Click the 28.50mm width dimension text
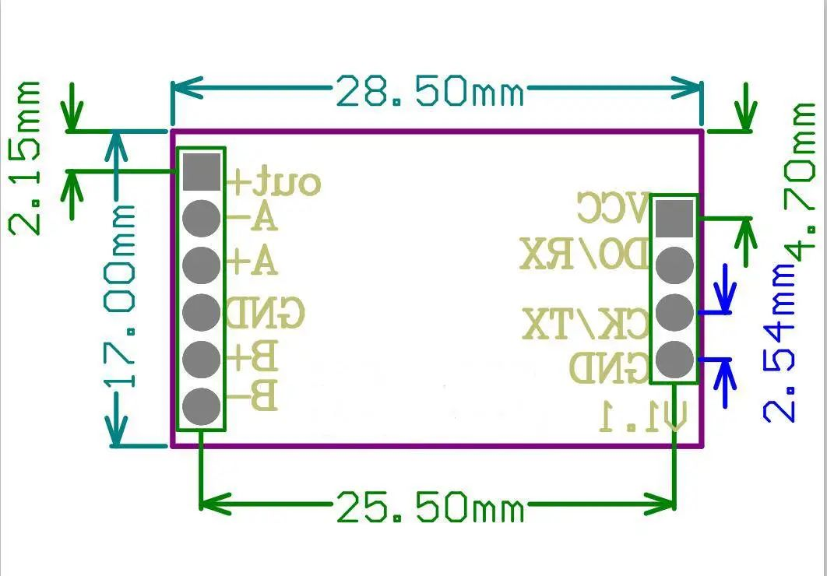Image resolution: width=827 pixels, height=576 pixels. (x=429, y=93)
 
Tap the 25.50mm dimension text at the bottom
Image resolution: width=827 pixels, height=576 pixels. (x=429, y=509)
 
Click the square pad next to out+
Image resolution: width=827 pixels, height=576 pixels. (x=201, y=171)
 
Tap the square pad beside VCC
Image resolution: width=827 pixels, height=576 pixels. (x=674, y=217)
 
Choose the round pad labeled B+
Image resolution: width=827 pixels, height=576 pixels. (x=201, y=358)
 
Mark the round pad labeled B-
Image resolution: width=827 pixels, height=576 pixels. (x=201, y=405)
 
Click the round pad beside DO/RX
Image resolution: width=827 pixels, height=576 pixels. (x=674, y=265)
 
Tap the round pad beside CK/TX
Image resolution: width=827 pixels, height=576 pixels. (x=674, y=312)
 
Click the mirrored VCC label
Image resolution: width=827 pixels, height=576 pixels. (x=613, y=209)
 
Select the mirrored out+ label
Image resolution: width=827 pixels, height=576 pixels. (x=273, y=182)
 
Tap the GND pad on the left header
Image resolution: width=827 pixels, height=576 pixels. (x=201, y=311)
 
